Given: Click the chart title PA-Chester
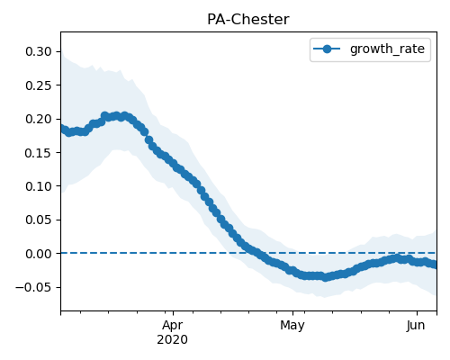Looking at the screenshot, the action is [248, 20].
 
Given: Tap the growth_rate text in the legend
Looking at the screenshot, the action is [387, 49].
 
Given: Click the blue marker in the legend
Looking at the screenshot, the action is [327, 49].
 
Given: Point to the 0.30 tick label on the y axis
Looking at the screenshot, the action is [39, 51].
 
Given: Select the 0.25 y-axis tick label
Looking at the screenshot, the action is [39, 85].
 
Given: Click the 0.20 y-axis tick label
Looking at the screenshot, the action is [39, 119].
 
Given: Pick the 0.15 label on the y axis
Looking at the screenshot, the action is [39, 153].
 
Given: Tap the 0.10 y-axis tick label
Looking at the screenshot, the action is [39, 186].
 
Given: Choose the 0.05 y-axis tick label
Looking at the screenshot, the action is [39, 220].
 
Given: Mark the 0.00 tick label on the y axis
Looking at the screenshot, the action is [39, 254].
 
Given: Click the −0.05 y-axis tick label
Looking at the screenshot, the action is [34, 287].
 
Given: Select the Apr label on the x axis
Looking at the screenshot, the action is [173, 326].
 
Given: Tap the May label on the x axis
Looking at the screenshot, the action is [292, 326].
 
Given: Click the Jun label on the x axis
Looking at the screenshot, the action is [416, 326].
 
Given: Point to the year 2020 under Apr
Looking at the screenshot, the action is [173, 339].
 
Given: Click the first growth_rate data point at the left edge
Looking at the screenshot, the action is [62, 129].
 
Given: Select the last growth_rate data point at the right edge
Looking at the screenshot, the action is [434, 265].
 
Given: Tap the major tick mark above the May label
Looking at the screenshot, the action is [293, 313].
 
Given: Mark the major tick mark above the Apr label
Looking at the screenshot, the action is [173, 313].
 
